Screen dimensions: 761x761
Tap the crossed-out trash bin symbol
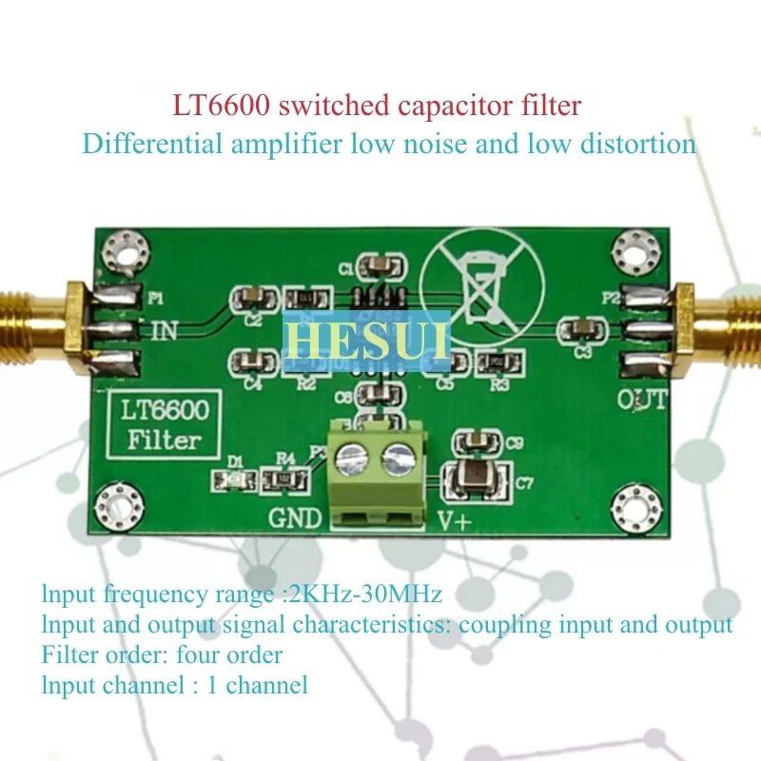click(481, 282)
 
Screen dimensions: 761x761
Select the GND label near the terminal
click(296, 519)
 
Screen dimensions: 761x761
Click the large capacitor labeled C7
click(475, 478)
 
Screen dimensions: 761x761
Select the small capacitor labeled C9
click(474, 440)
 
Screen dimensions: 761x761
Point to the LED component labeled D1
click(238, 478)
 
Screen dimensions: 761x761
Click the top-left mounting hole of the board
click(123, 250)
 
